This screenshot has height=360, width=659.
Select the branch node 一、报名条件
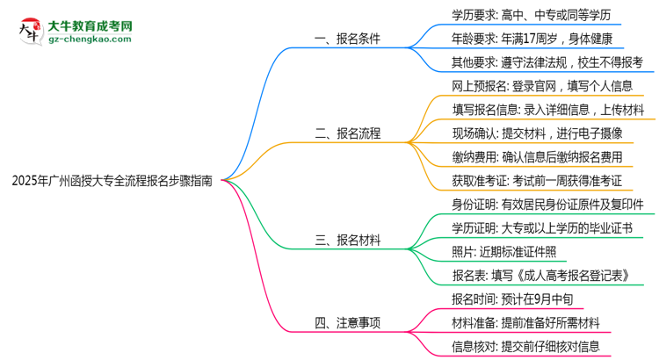coord(348,39)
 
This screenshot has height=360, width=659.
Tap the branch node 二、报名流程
coord(348,133)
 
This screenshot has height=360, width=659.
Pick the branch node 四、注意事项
coord(348,322)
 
